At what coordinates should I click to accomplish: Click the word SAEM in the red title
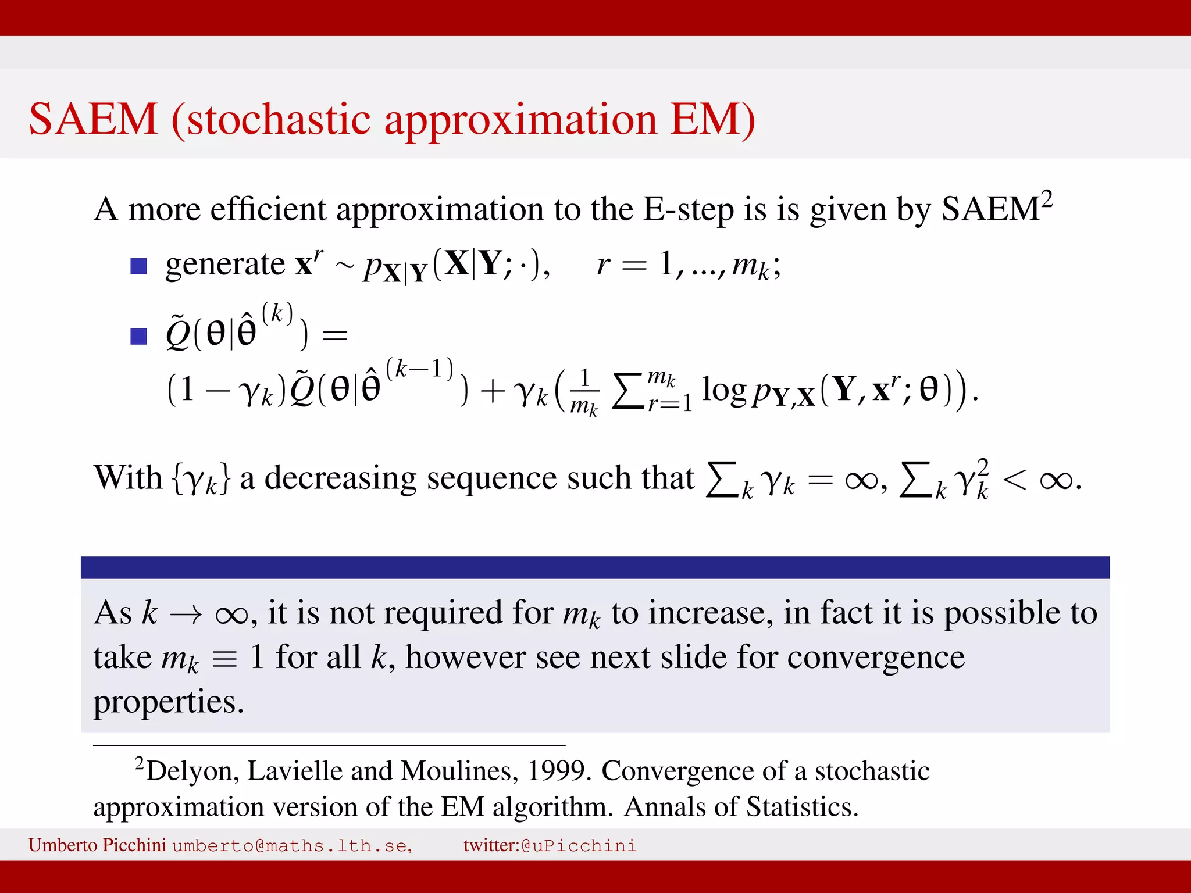pos(93,119)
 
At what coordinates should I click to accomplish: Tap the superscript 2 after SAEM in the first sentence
pos(1046,199)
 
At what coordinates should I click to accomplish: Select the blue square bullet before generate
pos(138,266)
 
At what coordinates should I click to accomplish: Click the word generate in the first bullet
pos(224,265)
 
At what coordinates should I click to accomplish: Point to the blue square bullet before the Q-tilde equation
pos(138,336)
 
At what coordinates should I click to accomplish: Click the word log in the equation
pos(723,390)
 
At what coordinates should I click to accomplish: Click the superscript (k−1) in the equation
pos(419,369)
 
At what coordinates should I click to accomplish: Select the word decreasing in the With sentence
pos(340,478)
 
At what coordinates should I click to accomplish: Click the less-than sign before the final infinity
pos(1014,480)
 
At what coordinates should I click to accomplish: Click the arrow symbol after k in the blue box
pos(186,615)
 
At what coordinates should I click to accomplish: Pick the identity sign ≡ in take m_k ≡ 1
pos(224,660)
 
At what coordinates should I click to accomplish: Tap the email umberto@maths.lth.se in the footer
pos(292,845)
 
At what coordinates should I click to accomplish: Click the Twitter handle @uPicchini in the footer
pos(579,845)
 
